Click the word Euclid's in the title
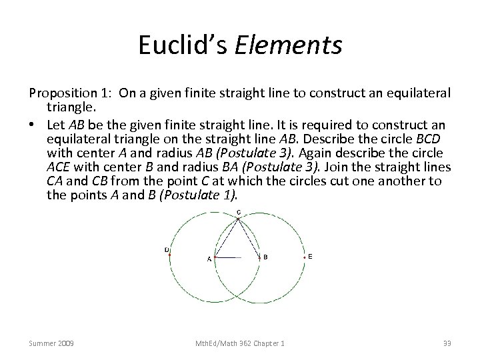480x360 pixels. click(x=182, y=46)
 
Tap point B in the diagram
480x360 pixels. click(x=259, y=257)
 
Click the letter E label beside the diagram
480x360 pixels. click(x=310, y=257)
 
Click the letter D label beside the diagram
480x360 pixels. click(x=166, y=250)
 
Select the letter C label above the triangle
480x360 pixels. click(x=239, y=213)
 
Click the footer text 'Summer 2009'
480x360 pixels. click(x=52, y=343)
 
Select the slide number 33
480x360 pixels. click(x=446, y=343)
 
